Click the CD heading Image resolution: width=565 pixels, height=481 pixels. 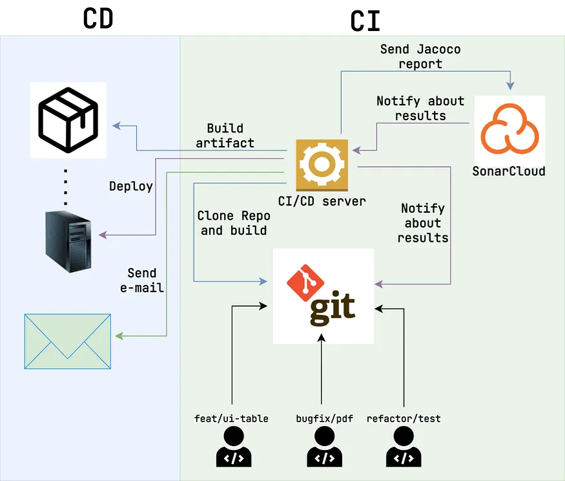[x=98, y=19]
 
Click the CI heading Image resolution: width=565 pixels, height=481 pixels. [x=365, y=21]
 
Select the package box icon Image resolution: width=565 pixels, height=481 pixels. [x=68, y=120]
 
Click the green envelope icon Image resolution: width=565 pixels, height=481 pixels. [x=67, y=341]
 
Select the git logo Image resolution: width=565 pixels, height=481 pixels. [x=323, y=295]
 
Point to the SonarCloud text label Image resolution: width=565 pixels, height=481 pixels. [x=509, y=171]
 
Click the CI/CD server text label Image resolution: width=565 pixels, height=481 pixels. [x=322, y=201]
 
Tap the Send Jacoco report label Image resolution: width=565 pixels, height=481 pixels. [x=420, y=56]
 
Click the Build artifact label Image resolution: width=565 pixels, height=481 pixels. [x=225, y=136]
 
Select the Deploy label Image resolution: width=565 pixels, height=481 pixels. [x=131, y=186]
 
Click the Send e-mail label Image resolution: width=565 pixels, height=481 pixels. [x=142, y=281]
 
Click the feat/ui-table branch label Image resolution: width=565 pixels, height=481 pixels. [x=231, y=418]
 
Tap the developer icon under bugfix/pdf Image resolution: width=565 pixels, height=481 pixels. [x=320, y=448]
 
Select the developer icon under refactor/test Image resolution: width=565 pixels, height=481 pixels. [x=404, y=448]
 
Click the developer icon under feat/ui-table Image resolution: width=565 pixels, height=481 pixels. [x=232, y=448]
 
